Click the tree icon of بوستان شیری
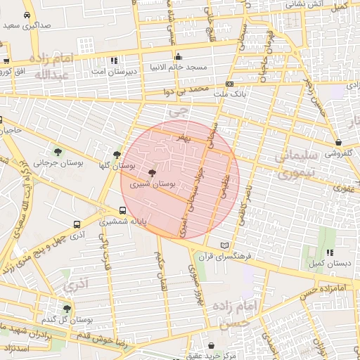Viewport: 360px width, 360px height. click(152, 172)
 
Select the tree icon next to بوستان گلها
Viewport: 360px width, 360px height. click(117, 155)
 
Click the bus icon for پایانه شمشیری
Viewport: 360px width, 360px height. click(123, 210)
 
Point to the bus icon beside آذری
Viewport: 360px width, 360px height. click(77, 225)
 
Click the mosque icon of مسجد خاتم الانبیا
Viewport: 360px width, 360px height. click(178, 57)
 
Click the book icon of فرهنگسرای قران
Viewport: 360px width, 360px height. click(224, 245)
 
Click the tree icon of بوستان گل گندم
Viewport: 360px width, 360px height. click(67, 309)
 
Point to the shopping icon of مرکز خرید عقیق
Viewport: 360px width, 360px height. click(212, 345)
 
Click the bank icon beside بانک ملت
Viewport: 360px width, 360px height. click(229, 83)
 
